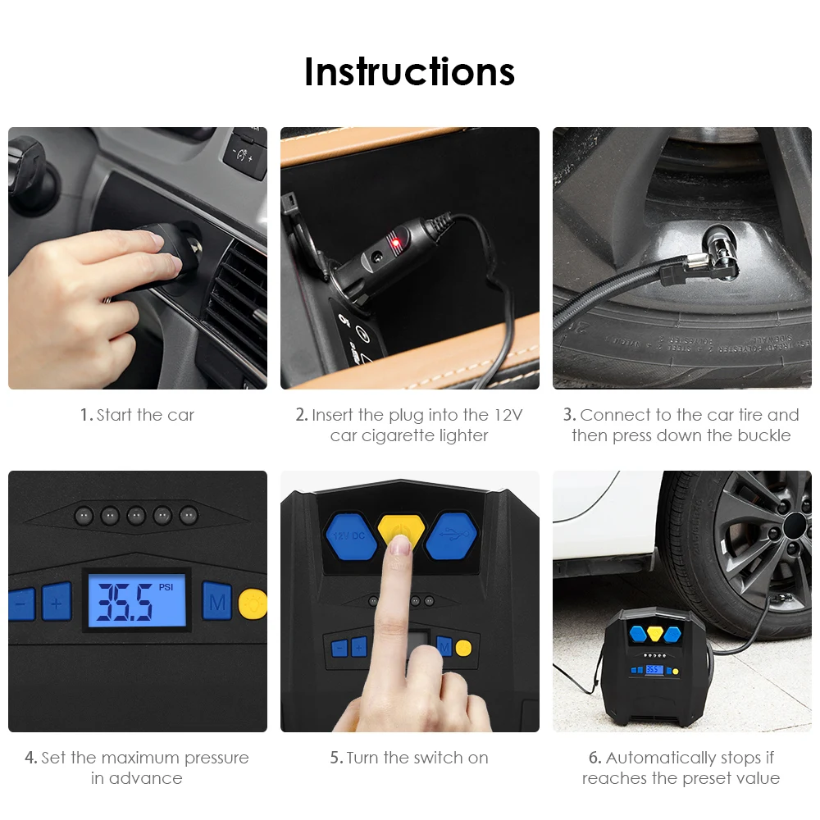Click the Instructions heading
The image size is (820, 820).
[409, 71]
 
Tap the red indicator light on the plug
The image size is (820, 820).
[396, 242]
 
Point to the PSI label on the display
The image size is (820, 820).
[166, 587]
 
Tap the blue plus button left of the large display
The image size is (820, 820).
[57, 603]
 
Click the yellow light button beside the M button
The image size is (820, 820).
[253, 604]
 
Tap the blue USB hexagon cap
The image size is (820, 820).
[451, 535]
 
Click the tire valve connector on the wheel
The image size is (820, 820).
[719, 252]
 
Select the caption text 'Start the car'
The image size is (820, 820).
[145, 415]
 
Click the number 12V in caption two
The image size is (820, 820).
[508, 415]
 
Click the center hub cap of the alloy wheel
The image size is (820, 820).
[795, 525]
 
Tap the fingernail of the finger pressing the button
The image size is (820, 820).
[401, 546]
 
